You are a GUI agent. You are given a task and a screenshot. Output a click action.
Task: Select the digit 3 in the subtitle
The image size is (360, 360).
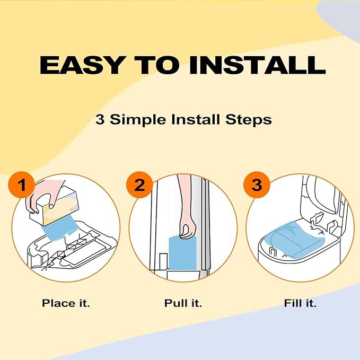100,119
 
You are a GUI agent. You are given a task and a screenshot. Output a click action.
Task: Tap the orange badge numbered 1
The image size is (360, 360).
22,186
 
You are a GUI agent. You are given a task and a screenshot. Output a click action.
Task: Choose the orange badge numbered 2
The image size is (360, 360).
139,186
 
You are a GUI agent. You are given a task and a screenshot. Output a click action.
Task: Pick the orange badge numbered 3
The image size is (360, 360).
257,186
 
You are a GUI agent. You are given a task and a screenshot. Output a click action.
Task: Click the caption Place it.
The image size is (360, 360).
66,304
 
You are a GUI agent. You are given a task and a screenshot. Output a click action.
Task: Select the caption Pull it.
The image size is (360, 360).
183,304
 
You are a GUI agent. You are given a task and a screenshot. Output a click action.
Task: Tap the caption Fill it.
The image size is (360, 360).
300,304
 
